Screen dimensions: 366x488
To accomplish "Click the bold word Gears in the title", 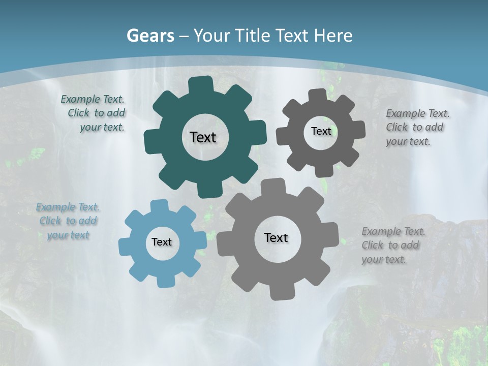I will [x=150, y=36].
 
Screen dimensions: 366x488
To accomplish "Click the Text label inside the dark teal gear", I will [x=203, y=137].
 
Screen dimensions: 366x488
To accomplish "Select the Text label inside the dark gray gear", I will [x=321, y=131].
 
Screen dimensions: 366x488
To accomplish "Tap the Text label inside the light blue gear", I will [x=162, y=242].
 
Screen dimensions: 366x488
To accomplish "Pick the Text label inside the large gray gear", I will [x=276, y=237].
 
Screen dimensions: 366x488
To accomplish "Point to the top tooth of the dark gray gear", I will [x=317, y=96].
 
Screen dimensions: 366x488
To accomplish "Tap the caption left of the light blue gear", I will [x=68, y=221].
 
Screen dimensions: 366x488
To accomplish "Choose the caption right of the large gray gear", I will [x=393, y=245].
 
